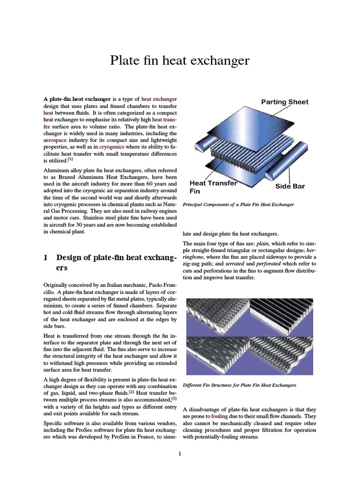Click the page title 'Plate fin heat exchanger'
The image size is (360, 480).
tap(180, 60)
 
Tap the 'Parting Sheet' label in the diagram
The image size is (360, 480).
tap(285, 102)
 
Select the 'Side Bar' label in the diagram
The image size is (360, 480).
tap(290, 186)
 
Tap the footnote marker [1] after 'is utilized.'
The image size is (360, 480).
tap(70, 159)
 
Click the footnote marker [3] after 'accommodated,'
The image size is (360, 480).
tap(174, 398)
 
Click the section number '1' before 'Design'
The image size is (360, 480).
tap(45, 258)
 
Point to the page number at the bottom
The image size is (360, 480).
tap(180, 454)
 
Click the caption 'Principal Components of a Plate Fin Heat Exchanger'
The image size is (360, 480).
tap(238, 205)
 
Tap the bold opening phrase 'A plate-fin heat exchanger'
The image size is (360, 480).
tap(77, 99)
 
